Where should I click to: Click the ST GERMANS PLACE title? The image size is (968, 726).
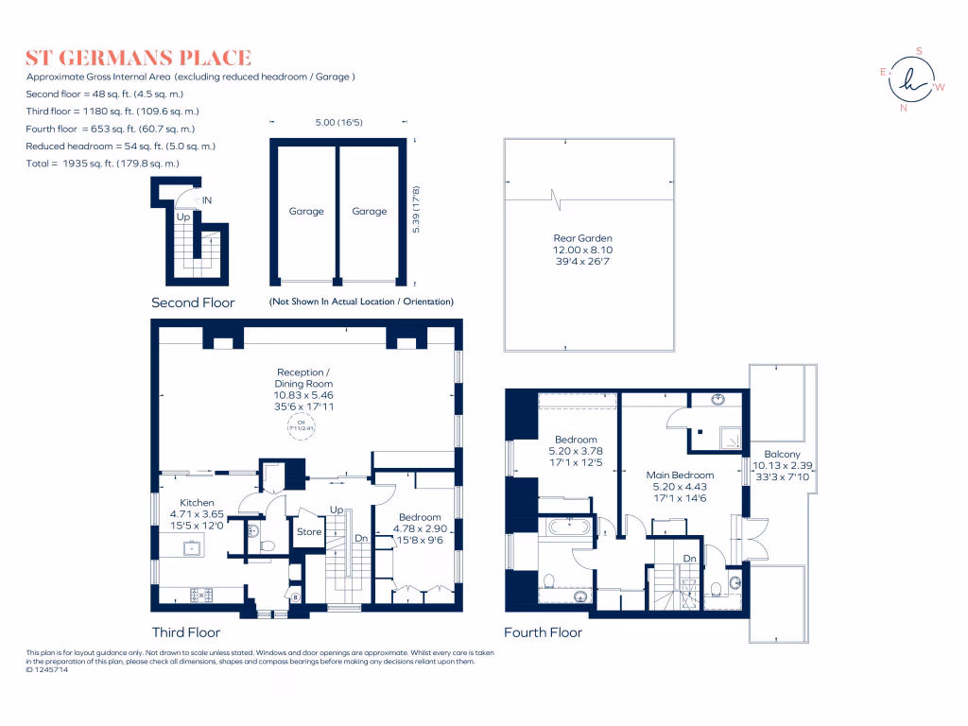click(x=138, y=58)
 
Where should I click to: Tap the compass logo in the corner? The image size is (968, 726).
click(x=913, y=79)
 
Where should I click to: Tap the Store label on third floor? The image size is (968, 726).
click(x=309, y=531)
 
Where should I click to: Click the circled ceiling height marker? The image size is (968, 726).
click(x=302, y=426)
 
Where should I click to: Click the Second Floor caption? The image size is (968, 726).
click(x=193, y=303)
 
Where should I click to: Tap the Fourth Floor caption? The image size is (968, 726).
click(x=543, y=632)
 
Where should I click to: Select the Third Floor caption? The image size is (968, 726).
click(x=186, y=632)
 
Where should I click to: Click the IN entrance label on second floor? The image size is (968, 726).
click(x=207, y=200)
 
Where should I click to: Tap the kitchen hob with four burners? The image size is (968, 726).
click(x=200, y=595)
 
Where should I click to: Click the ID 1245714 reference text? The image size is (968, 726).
click(x=47, y=670)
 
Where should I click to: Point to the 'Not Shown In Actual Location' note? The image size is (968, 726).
click(x=361, y=302)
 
